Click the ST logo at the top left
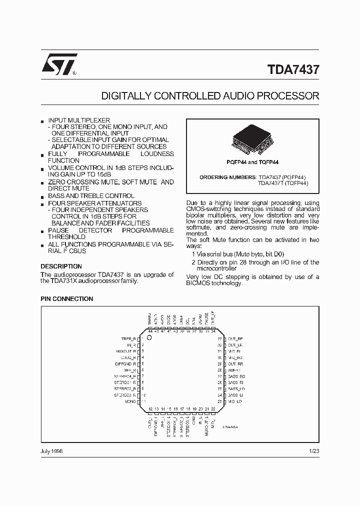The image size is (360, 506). pyautogui.click(x=59, y=64)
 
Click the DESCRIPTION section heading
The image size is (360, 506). pyautogui.click(x=61, y=266)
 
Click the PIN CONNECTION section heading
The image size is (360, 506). pyautogui.click(x=66, y=299)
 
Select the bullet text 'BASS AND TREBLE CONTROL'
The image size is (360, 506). pyautogui.click(x=91, y=196)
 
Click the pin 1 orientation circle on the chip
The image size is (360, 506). pyautogui.click(x=148, y=337)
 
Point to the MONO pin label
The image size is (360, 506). pyautogui.click(x=131, y=401)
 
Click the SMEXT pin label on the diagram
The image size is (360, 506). pyautogui.click(x=234, y=370)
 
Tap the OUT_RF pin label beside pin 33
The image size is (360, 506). pyautogui.click(x=235, y=338)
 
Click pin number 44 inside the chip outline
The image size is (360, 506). pyautogui.click(x=150, y=331)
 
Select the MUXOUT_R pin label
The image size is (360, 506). pyautogui.click(x=125, y=351)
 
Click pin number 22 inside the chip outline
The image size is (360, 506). pyautogui.click(x=213, y=409)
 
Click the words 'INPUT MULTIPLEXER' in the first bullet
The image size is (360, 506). pyautogui.click(x=79, y=121)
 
